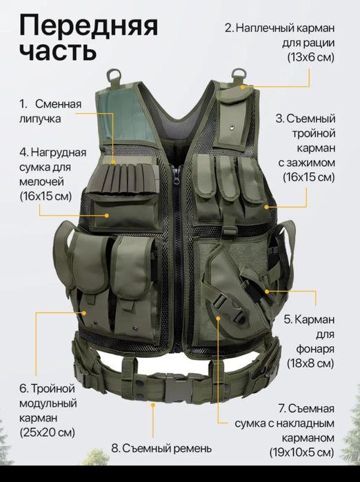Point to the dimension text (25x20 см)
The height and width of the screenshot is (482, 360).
coord(46,432)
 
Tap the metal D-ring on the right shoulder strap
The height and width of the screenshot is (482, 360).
coord(239,73)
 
